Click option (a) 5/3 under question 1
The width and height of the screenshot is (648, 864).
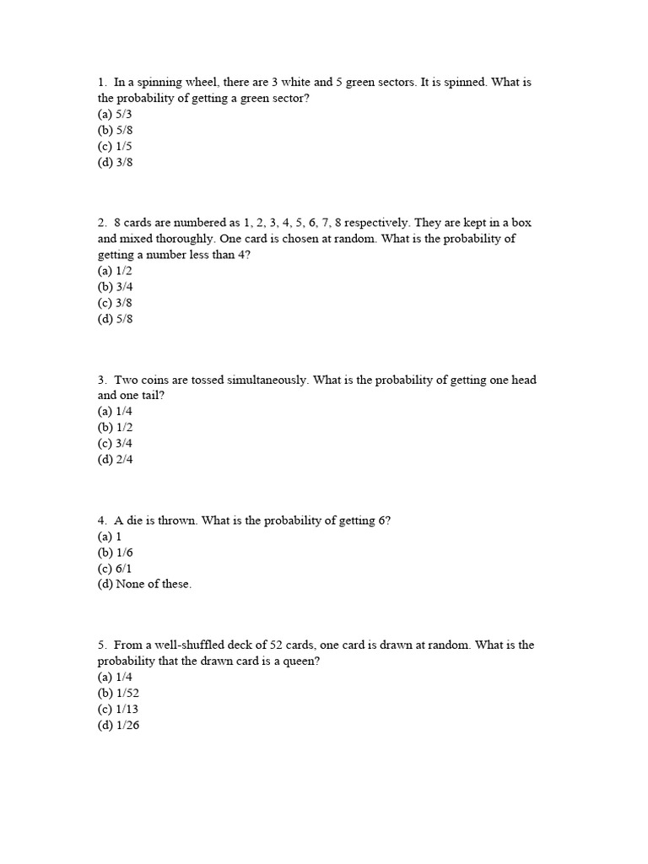[x=115, y=114]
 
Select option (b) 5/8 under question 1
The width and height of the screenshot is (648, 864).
[x=115, y=130]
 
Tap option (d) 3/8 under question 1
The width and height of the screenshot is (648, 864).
[x=115, y=162]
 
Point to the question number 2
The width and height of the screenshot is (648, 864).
[x=101, y=223]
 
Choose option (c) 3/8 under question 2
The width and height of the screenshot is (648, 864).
[x=115, y=302]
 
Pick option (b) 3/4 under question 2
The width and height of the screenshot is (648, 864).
[x=115, y=286]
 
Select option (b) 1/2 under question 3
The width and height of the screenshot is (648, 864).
[x=115, y=427]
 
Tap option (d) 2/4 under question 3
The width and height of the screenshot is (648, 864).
[x=115, y=459]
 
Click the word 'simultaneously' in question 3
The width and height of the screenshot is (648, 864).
[x=268, y=380]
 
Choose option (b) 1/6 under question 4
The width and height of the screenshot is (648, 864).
[x=115, y=552]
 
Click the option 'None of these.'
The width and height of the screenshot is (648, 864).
[x=144, y=584]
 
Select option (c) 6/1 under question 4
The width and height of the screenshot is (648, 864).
[x=115, y=568]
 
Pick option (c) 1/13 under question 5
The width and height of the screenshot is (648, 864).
[x=118, y=709]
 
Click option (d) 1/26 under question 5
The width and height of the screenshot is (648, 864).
[x=118, y=725]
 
